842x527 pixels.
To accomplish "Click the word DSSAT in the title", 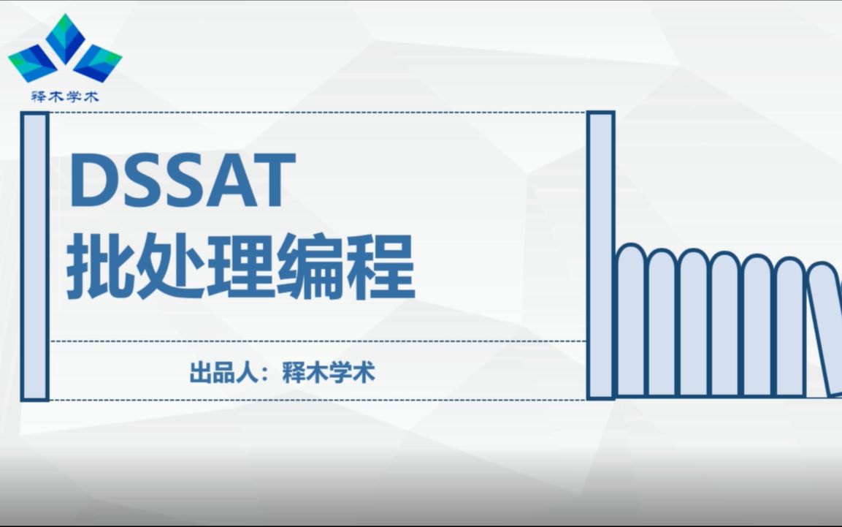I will (183, 180).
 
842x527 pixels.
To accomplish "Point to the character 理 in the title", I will (241, 267).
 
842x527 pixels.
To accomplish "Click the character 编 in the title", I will (311, 267).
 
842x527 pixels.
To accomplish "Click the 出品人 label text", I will (221, 374).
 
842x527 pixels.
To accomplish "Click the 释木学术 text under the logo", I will (65, 96).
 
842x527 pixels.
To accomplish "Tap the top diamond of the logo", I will (65, 37).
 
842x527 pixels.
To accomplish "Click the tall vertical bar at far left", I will (34, 256).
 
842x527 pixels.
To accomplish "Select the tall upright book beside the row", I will (600, 256).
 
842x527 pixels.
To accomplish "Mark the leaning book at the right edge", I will (825, 329).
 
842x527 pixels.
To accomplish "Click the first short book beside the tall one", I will (631, 322).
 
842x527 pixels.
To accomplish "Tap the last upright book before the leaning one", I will (789, 325).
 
